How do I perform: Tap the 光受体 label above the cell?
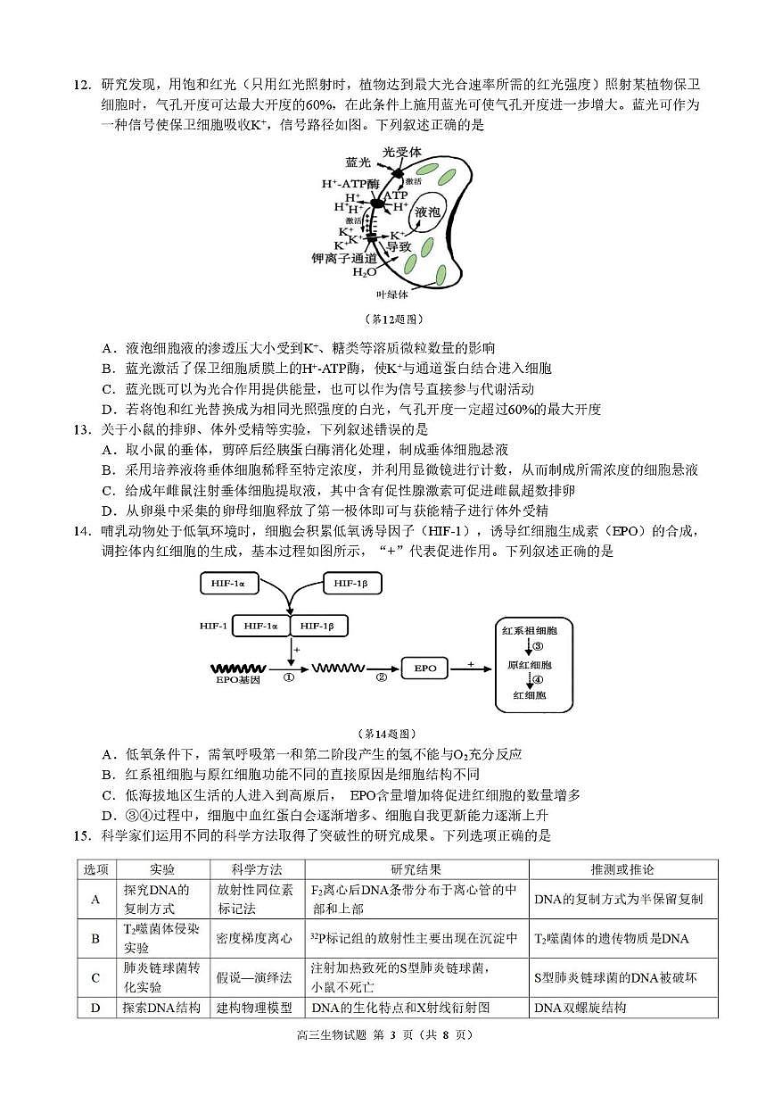coord(401,153)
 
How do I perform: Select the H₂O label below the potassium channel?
coord(364,272)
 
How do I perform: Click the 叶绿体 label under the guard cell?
coord(391,293)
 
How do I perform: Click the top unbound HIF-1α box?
coord(228,583)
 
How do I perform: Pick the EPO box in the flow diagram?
coord(424,668)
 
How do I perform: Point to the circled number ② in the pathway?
coord(381,677)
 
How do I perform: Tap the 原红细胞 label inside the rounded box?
coord(529,666)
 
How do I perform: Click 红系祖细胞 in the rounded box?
coord(529,631)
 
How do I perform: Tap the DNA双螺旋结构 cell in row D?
coord(580,1008)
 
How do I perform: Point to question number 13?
coord(82,429)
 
